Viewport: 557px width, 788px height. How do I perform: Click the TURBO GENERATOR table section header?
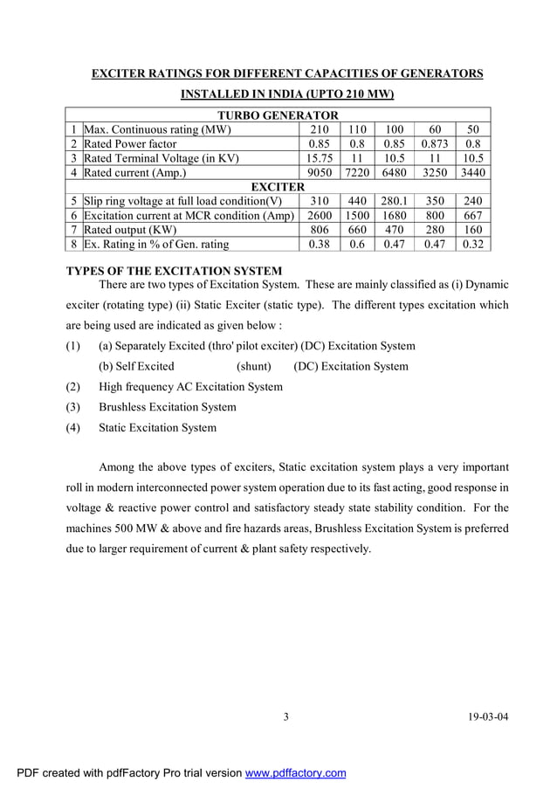tap(278, 115)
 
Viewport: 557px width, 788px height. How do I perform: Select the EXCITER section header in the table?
tap(278, 187)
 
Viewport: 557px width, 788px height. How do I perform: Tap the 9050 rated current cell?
tap(320, 173)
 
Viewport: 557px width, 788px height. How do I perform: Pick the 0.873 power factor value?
tap(434, 144)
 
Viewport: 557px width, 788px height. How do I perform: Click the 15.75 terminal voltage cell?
tap(320, 158)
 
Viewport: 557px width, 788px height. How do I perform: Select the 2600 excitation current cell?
tap(320, 216)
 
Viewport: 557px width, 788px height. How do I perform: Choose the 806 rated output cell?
tap(320, 230)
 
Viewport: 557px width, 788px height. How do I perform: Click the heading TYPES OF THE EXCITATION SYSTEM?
tap(175, 272)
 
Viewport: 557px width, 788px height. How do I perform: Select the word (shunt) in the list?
tap(254, 366)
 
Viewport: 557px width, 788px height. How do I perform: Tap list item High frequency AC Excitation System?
tap(190, 386)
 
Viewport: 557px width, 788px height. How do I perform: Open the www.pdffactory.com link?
tap(295, 773)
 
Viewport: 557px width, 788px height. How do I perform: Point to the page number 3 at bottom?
tap(285, 718)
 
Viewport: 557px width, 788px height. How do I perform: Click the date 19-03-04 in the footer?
tap(488, 718)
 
